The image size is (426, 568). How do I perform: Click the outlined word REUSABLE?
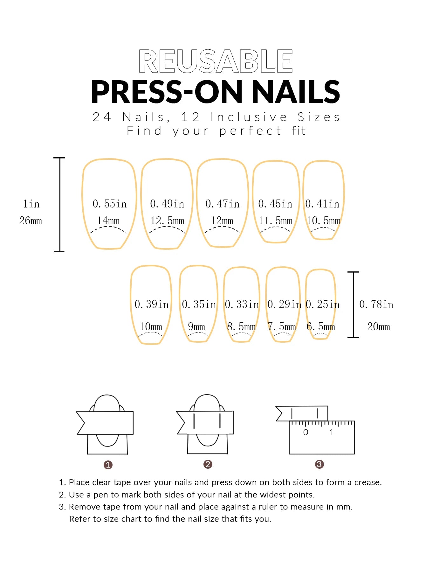(216, 61)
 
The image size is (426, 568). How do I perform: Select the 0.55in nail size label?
(110, 204)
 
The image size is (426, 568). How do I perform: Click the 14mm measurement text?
(108, 221)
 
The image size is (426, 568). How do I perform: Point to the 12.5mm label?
(167, 221)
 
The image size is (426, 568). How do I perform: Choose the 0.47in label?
(222, 204)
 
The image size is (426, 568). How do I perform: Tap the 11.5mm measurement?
(275, 221)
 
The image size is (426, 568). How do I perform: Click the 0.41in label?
(322, 204)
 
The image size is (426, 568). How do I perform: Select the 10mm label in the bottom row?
(151, 326)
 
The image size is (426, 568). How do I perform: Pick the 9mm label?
(196, 326)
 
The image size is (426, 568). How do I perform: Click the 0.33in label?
(242, 304)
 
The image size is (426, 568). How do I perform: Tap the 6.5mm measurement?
(321, 326)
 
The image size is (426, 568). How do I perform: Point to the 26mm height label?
(31, 221)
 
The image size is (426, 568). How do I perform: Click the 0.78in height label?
(376, 304)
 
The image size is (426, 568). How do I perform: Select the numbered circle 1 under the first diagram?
(108, 465)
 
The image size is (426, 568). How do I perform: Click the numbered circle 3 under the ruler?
(319, 464)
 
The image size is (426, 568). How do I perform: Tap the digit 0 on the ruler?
(306, 432)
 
